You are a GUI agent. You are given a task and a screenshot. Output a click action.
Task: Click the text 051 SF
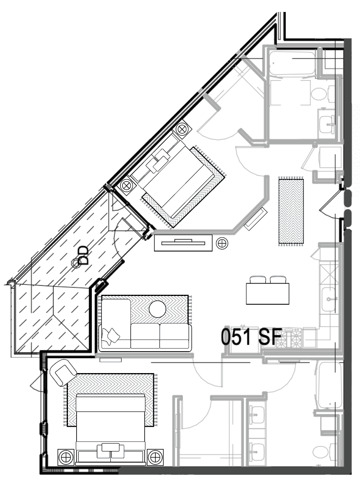coord(251,337)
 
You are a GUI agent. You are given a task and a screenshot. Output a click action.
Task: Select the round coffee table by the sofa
coord(157,309)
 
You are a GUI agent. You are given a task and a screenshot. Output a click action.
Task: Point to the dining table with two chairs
coord(267,293)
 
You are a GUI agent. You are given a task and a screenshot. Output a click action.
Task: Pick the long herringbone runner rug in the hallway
coord(291,211)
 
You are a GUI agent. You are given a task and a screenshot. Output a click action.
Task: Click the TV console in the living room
coord(183,242)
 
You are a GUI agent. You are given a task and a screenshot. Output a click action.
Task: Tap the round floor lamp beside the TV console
coord(222,243)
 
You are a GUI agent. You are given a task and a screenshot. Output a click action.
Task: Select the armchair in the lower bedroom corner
coord(63,372)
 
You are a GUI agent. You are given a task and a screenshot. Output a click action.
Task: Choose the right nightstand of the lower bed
coord(155,457)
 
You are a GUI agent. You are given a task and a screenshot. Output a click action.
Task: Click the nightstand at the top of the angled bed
coord(181,129)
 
